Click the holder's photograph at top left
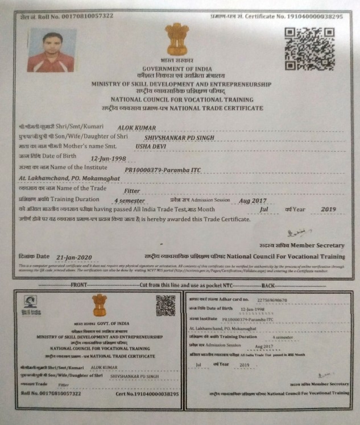click(x=52, y=50)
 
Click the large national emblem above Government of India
click(x=176, y=39)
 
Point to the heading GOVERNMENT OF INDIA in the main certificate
click(x=176, y=68)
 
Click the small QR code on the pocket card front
click(x=166, y=306)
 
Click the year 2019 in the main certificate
click(x=329, y=209)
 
